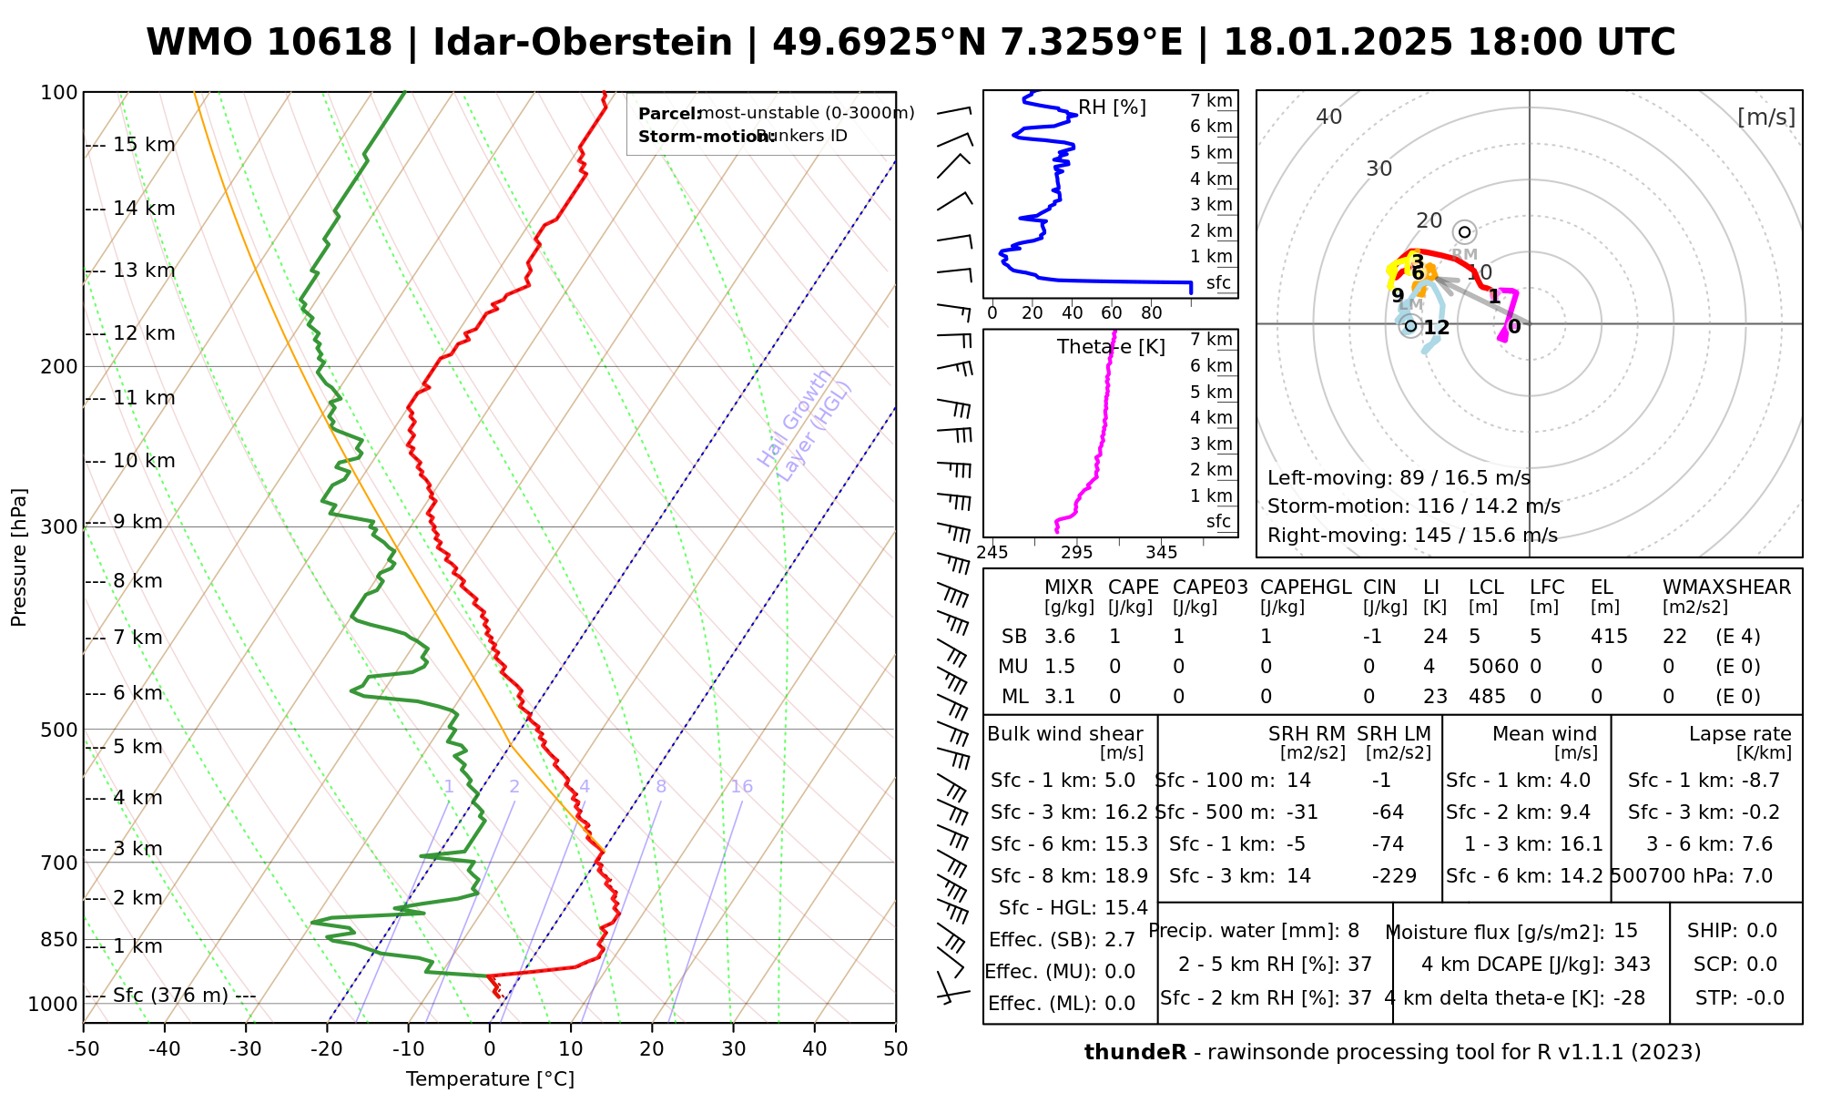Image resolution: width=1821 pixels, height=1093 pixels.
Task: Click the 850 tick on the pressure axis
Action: pos(60,939)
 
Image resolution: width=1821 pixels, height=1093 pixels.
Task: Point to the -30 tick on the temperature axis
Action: pos(245,1049)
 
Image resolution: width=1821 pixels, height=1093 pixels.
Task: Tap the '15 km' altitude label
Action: pos(144,145)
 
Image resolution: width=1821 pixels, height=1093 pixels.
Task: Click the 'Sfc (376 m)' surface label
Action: pos(170,995)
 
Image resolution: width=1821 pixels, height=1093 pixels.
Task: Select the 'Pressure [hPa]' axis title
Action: pos(19,557)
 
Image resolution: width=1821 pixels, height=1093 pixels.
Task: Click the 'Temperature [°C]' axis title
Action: pos(490,1079)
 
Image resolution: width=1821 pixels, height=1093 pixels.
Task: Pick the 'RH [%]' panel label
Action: pos(1112,107)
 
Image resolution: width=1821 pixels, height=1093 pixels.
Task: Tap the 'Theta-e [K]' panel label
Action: pos(1111,347)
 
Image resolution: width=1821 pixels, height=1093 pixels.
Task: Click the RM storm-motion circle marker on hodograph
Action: pos(1464,232)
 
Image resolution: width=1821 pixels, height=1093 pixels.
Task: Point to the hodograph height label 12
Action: pos(1436,328)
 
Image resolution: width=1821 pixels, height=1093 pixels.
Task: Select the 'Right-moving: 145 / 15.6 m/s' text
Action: pos(1412,536)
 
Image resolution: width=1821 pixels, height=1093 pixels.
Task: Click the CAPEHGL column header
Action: pos(1306,587)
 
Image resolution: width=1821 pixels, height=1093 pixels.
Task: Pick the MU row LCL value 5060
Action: pos(1493,667)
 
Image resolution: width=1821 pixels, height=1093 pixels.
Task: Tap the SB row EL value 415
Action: pos(1609,637)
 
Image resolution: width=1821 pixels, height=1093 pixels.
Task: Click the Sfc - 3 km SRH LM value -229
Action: pos(1394,876)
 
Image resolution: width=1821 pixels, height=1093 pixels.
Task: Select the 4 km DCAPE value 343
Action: pos(1632,965)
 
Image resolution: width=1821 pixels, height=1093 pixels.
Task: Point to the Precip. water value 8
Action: pos(1353,931)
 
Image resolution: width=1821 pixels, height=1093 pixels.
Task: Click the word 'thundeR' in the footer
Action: pos(1134,1053)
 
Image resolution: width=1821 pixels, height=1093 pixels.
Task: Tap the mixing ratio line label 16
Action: pos(741,787)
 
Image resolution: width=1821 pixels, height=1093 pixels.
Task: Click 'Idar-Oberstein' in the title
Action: pos(583,43)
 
